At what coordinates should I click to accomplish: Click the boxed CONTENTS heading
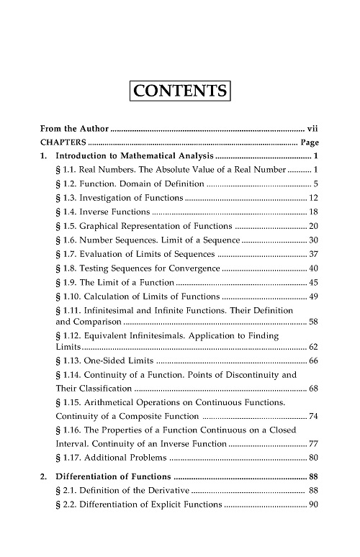(180, 92)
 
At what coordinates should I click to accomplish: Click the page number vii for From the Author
(312, 129)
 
